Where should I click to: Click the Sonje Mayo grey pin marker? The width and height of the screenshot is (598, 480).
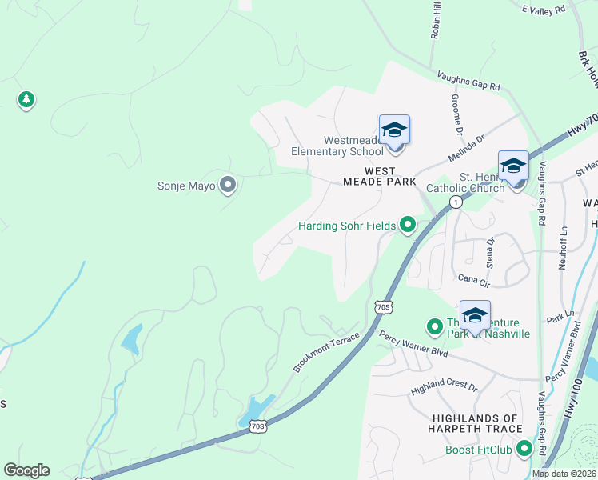228,186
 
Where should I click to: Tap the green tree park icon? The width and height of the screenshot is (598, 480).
26,99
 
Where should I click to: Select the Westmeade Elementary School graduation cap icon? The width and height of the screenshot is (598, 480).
394,130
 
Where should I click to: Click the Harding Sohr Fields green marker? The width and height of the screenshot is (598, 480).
408,226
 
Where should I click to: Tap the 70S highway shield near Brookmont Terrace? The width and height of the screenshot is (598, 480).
383,306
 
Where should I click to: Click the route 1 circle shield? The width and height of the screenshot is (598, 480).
455,202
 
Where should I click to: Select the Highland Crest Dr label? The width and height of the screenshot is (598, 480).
444,388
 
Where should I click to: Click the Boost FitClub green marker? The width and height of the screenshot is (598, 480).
524,448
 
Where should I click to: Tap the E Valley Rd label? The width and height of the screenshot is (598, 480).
543,9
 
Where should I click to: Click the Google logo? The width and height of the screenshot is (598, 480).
26,470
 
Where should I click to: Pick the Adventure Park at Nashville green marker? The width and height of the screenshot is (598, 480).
434,326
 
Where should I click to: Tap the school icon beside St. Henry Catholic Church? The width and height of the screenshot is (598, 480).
513,166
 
